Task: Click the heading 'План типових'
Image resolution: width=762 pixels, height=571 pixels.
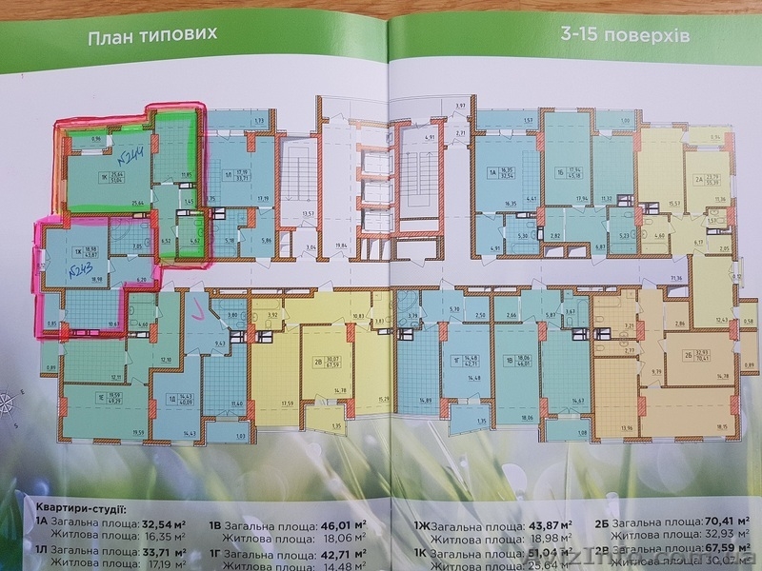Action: point(153,39)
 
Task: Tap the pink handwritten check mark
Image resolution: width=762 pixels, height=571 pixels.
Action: point(197,306)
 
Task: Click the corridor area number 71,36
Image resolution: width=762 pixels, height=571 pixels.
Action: point(677,277)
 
